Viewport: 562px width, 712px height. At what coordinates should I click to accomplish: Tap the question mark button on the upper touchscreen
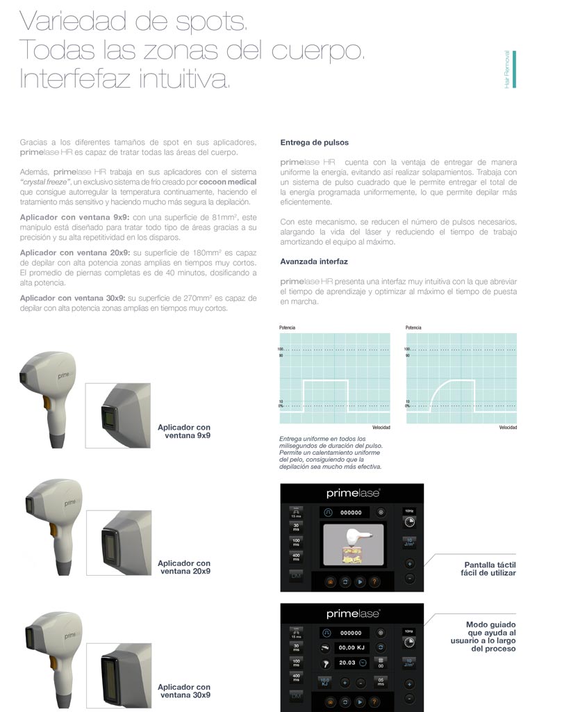click(x=375, y=582)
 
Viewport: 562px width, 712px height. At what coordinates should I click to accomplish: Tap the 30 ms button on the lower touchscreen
click(x=296, y=647)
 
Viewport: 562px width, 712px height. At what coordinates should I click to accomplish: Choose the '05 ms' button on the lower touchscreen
click(x=380, y=682)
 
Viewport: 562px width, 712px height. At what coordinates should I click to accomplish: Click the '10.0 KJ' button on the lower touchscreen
click(x=324, y=682)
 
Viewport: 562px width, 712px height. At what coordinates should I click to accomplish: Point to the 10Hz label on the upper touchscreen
click(x=408, y=511)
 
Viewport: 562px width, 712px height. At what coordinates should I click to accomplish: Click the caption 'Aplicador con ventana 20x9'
click(x=184, y=567)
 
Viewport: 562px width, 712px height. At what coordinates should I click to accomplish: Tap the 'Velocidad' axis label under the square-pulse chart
click(x=381, y=428)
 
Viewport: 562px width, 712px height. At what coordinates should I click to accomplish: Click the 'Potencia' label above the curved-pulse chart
click(x=414, y=327)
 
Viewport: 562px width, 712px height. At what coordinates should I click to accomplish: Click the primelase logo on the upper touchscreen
click(x=352, y=493)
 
